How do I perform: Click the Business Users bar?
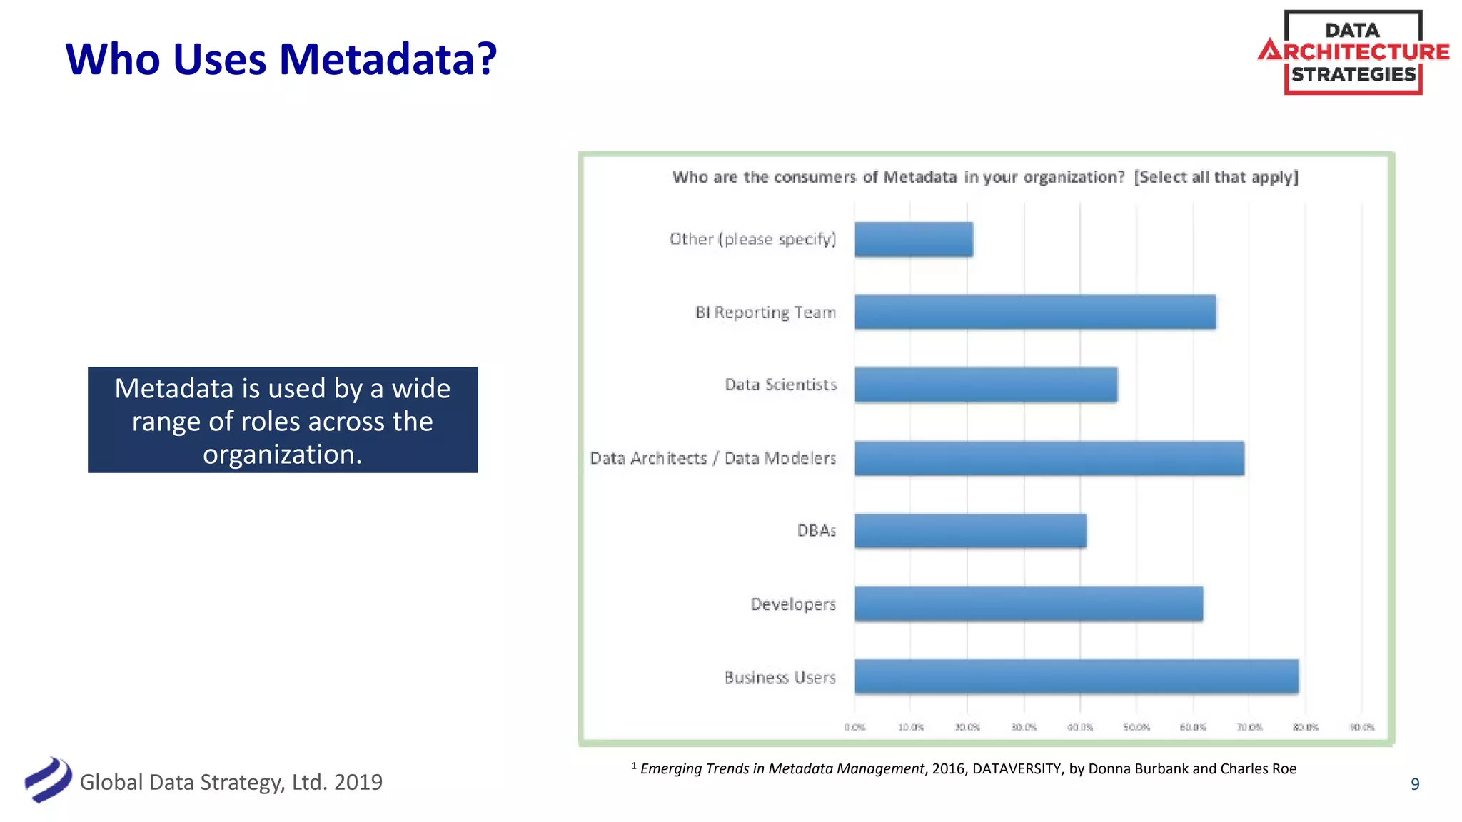[1077, 676]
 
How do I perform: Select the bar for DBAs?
[971, 531]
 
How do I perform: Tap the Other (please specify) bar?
[914, 239]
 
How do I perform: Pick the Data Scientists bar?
[986, 385]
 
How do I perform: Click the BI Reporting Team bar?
[1035, 312]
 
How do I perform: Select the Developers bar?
[1029, 604]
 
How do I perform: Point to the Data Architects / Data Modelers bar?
[1049, 458]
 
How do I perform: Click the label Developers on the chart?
[792, 604]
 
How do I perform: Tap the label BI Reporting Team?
[765, 313]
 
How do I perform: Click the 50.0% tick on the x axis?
[1136, 727]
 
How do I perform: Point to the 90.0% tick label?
[1362, 727]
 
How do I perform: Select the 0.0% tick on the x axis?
[854, 727]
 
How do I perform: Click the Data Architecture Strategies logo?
[1353, 52]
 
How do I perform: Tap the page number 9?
[1415, 784]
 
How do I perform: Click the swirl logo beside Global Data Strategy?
[48, 780]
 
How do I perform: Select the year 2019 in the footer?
[358, 783]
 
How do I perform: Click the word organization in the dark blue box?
[281, 455]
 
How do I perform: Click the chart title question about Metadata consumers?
[985, 177]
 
